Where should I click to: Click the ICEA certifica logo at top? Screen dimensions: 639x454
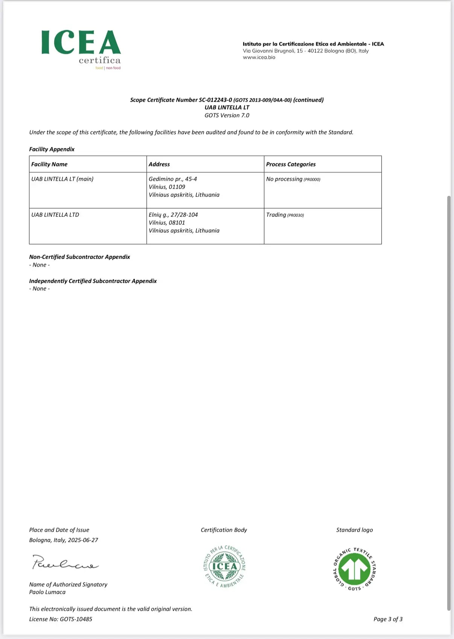pyautogui.click(x=81, y=49)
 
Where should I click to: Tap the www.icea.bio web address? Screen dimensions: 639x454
pyautogui.click(x=259, y=58)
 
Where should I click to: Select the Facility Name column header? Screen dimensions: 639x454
pyautogui.click(x=49, y=164)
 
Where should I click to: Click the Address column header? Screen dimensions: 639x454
pyautogui.click(x=159, y=164)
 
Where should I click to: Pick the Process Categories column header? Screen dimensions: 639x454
pyautogui.click(x=291, y=164)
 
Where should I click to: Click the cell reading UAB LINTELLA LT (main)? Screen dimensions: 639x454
pyautogui.click(x=62, y=179)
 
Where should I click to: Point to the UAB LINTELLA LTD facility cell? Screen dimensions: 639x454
pyautogui.click(x=55, y=215)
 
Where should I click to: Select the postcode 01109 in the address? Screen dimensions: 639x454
pyautogui.click(x=177, y=187)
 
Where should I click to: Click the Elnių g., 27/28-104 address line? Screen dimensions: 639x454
pyautogui.click(x=173, y=215)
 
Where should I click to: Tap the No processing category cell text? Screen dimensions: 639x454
pyautogui.click(x=284, y=179)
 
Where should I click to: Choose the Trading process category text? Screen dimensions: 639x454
pyautogui.click(x=276, y=215)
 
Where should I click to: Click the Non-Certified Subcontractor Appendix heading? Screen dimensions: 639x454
pyautogui.click(x=79, y=257)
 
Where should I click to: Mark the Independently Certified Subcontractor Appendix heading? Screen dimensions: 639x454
pyautogui.click(x=93, y=281)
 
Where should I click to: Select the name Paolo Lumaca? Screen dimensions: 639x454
pyautogui.click(x=47, y=592)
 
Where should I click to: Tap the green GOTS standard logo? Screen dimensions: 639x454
pyautogui.click(x=355, y=569)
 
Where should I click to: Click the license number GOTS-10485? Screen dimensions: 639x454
pyautogui.click(x=76, y=619)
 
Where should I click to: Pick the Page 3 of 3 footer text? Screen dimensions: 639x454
pyautogui.click(x=388, y=619)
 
